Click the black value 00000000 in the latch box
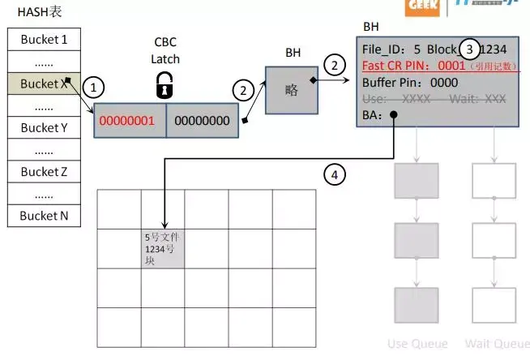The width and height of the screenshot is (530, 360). coord(202,121)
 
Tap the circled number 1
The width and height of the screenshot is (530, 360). coord(95,86)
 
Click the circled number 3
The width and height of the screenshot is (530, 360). coord(468,49)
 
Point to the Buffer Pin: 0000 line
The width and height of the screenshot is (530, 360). coord(410,82)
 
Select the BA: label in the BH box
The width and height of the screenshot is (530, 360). coord(373,115)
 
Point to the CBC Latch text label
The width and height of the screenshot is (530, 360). coord(165,49)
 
